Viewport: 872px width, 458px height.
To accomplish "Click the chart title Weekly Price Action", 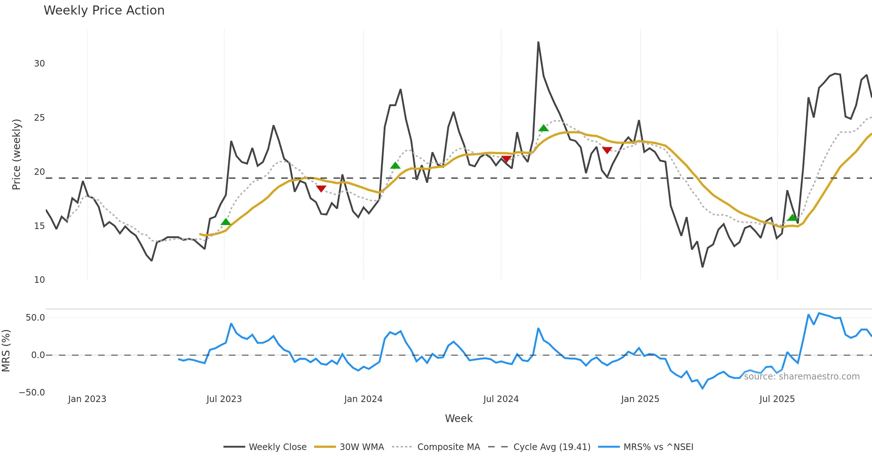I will click(x=104, y=11).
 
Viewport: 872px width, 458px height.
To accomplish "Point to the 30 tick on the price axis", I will click(x=39, y=64).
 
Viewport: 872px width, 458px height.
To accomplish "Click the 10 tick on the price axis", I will click(x=39, y=280).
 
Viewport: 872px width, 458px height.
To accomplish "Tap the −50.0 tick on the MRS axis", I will click(x=32, y=393).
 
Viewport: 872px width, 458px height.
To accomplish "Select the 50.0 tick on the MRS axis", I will click(x=35, y=318).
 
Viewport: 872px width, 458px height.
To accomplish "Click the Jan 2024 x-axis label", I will click(x=363, y=399).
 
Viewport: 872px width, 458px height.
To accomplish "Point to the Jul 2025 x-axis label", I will click(x=777, y=399).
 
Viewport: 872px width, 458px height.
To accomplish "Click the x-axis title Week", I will click(x=459, y=418).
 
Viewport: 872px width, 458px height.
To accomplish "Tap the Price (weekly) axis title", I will click(x=16, y=154).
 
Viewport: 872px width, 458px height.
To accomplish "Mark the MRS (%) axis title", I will click(x=6, y=350).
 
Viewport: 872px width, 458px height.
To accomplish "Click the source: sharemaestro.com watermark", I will click(x=802, y=377).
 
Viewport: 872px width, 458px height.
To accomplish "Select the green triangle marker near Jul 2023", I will click(x=226, y=222).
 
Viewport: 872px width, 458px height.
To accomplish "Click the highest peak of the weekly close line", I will click(x=538, y=42).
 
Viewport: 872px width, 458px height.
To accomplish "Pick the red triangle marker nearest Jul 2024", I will click(x=506, y=159).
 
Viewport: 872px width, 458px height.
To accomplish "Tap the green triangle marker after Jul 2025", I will click(x=792, y=217).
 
